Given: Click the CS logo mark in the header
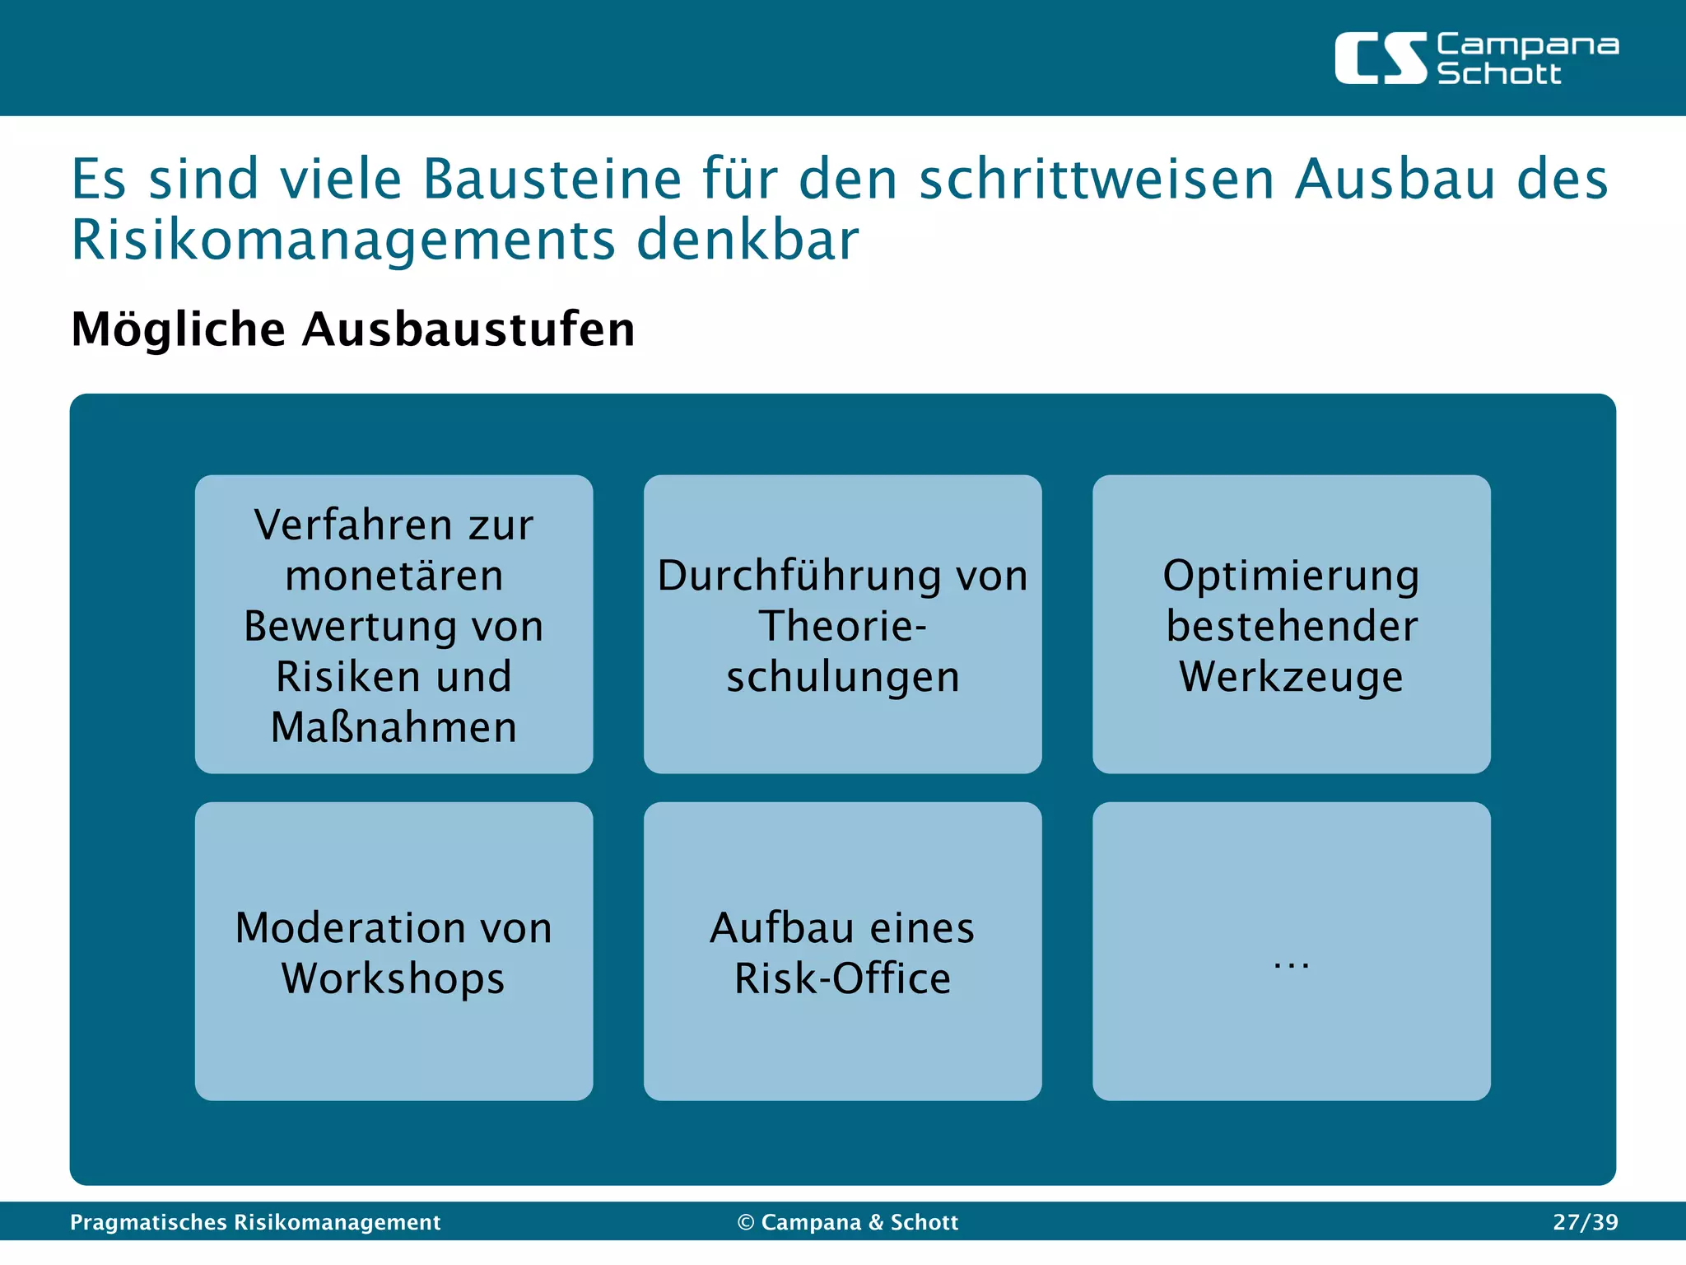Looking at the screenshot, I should click(x=1380, y=58).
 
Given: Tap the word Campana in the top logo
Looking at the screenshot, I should click(x=1527, y=45).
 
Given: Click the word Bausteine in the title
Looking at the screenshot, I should click(x=552, y=179).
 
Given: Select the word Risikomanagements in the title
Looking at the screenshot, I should click(x=343, y=240).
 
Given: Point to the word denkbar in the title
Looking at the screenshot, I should click(x=748, y=240).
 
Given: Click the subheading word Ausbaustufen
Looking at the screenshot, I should click(x=468, y=329).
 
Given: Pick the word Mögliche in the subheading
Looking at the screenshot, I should click(x=179, y=329).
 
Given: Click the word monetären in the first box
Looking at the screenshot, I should click(x=394, y=575).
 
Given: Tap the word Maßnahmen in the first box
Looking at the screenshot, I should click(x=394, y=727).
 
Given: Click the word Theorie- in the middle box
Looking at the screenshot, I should click(x=842, y=626).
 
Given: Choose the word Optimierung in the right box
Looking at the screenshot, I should click(x=1291, y=575).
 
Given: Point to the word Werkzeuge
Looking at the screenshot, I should click(x=1291, y=677).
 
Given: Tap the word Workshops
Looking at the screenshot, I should click(x=394, y=978).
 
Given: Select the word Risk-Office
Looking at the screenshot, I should click(x=842, y=978).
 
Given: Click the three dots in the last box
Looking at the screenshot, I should click(x=1291, y=964).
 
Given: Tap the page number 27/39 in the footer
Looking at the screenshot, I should click(x=1585, y=1222).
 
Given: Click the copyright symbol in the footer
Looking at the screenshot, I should click(x=746, y=1222).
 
